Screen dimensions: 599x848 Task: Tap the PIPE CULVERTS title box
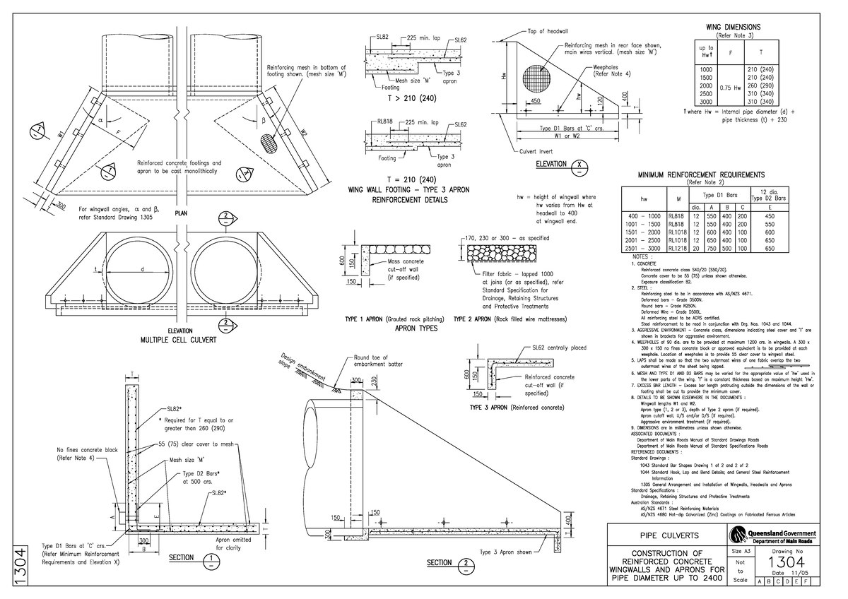click(665, 535)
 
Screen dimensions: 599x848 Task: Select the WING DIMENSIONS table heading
click(734, 27)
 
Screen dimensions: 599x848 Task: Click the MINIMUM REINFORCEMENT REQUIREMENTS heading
click(700, 174)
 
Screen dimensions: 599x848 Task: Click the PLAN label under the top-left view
click(182, 213)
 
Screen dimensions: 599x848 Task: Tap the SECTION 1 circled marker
click(211, 562)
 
